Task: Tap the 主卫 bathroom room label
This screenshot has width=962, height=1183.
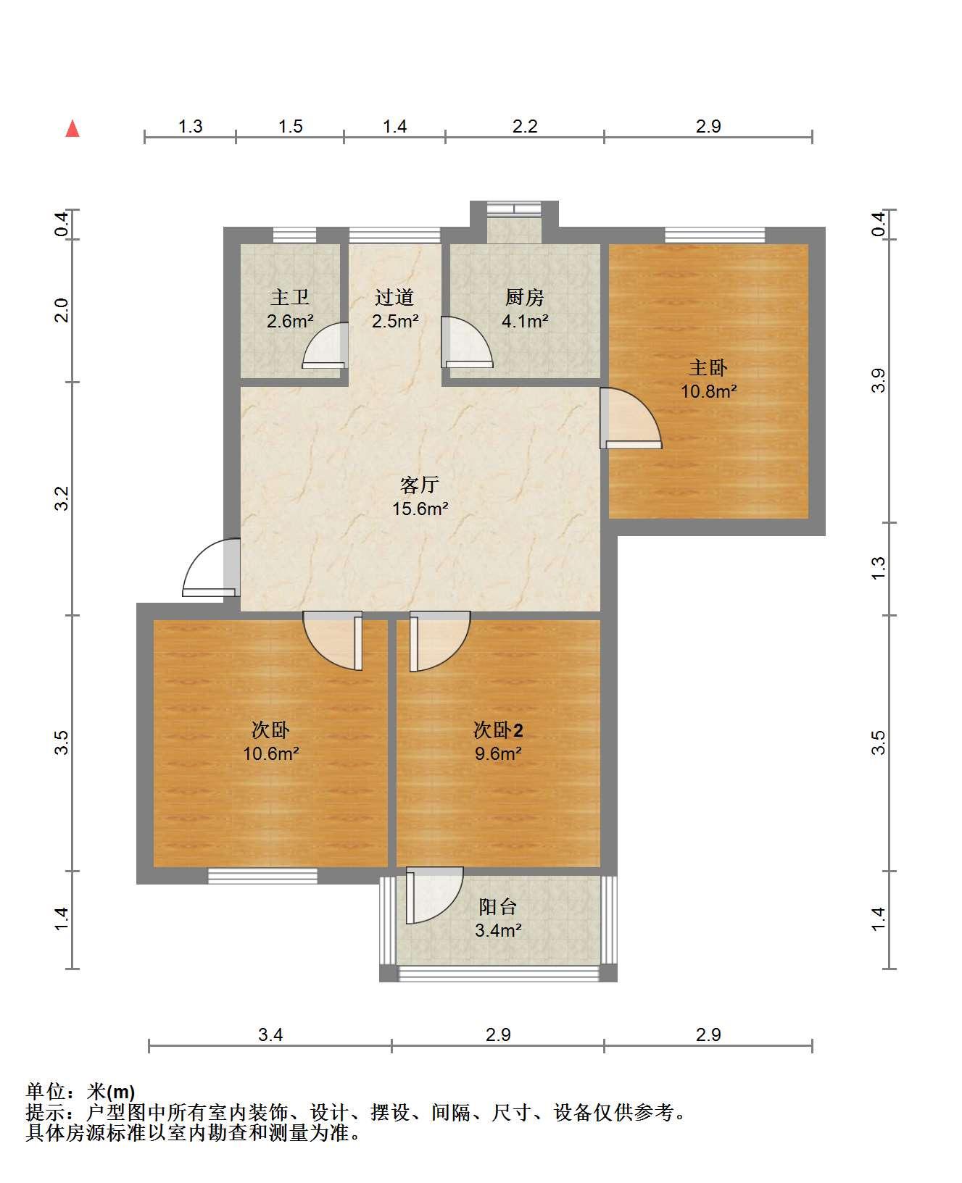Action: (290, 298)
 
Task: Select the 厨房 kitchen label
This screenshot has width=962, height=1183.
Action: (525, 298)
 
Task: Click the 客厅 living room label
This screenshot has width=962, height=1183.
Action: (420, 485)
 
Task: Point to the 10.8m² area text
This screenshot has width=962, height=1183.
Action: (708, 392)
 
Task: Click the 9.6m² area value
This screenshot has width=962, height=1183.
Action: (498, 753)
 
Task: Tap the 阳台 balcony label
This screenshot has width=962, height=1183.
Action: (498, 907)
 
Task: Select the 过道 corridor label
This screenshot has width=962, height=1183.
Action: (394, 298)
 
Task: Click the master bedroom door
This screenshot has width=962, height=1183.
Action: (630, 418)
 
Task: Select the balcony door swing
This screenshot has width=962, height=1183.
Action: (434, 895)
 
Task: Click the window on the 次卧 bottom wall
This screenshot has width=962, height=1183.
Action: (262, 876)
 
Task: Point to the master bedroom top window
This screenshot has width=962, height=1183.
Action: (715, 235)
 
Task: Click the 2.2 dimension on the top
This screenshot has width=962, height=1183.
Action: (525, 127)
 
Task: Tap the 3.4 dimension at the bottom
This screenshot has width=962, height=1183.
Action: (270, 1034)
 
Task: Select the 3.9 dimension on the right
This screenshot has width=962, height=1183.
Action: (879, 380)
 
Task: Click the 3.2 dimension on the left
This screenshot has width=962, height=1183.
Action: (62, 498)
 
